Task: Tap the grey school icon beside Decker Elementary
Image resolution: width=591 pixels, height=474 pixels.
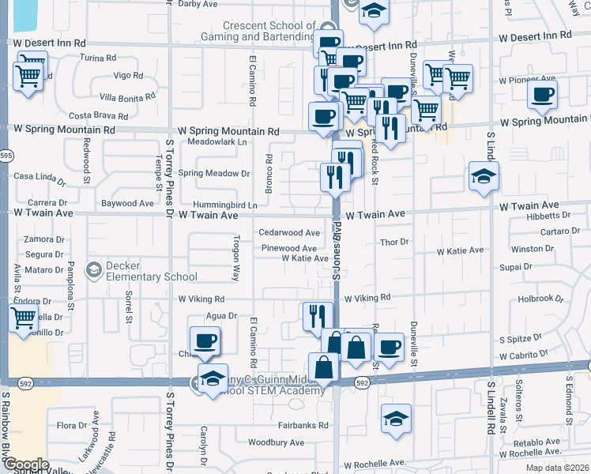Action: [x=94, y=271]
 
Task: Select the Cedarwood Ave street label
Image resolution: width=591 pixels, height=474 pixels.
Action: [x=289, y=233]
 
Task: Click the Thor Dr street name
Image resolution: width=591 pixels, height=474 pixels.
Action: [x=393, y=243]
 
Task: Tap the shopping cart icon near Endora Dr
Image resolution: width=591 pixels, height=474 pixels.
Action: [x=23, y=319]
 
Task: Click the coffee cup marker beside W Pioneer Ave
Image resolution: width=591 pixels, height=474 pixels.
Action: [x=542, y=95]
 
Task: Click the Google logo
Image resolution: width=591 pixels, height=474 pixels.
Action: [x=26, y=465]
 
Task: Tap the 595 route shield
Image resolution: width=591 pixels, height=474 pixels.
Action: [x=6, y=156]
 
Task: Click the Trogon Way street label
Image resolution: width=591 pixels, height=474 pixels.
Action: [x=235, y=258]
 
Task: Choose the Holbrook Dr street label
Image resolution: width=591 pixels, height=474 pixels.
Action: [x=541, y=299]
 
